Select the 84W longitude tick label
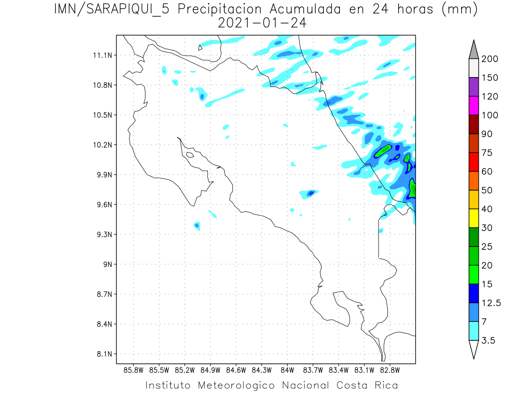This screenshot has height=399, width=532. click(287, 369)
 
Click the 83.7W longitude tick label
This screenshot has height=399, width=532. click(313, 369)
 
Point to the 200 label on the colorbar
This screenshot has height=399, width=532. click(490, 59)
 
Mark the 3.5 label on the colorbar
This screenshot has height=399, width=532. click(489, 340)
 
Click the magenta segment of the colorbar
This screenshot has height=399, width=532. click(473, 106)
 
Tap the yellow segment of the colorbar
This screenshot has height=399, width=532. click(473, 218)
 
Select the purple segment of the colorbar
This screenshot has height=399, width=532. click(473, 87)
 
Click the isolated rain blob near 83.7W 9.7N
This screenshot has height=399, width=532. click(310, 193)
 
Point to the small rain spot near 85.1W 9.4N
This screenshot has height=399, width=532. click(197, 226)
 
